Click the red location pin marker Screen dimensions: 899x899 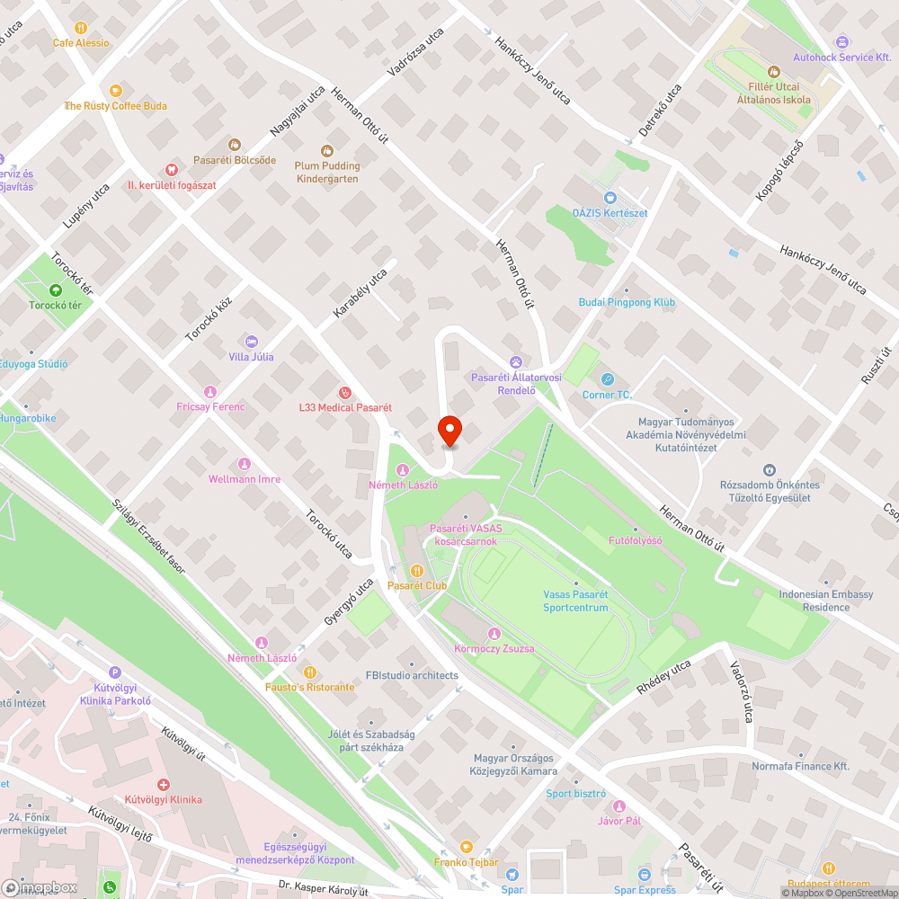(x=449, y=431)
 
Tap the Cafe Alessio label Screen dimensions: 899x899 (x=81, y=42)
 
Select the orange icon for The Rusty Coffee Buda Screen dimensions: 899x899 (x=115, y=91)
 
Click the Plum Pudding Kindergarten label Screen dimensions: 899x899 (x=327, y=172)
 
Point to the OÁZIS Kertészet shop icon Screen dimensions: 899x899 (x=610, y=198)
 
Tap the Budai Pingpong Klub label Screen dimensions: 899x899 (x=627, y=303)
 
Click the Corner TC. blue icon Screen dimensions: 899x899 (x=608, y=379)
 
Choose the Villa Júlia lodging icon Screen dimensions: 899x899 (x=251, y=342)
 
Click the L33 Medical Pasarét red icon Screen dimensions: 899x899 (x=344, y=392)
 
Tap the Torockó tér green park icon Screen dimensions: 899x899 (x=56, y=290)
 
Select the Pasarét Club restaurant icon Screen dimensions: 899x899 (x=417, y=570)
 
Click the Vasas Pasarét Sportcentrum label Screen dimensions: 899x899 (x=575, y=601)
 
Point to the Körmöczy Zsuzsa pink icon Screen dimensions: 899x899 (x=494, y=634)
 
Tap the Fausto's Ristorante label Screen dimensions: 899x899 (x=309, y=687)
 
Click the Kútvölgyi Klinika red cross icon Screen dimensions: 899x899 (x=164, y=784)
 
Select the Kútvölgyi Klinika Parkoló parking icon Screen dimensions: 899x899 (x=114, y=672)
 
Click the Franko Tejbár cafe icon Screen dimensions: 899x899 (x=465, y=847)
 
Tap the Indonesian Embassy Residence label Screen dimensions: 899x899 (x=825, y=601)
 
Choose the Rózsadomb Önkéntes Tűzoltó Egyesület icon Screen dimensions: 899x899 (x=770, y=470)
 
